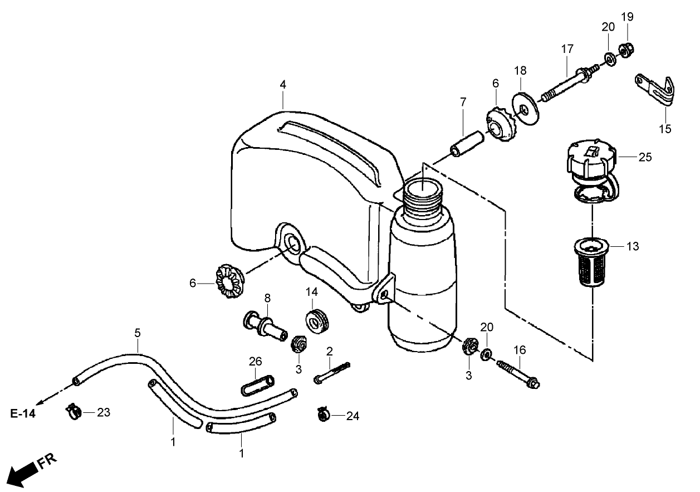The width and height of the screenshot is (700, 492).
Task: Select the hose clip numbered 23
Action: (x=74, y=412)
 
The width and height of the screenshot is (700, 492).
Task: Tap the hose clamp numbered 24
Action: (x=324, y=415)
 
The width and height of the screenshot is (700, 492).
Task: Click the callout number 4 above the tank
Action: (x=283, y=85)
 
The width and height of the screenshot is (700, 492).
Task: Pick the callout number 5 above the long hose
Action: (x=138, y=333)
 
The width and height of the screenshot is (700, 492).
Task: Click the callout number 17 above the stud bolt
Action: (x=566, y=49)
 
